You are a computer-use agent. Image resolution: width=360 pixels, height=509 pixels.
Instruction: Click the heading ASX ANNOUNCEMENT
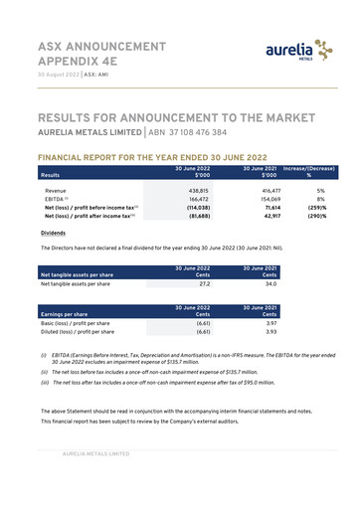101,47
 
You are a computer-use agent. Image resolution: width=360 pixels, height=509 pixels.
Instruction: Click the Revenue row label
56,189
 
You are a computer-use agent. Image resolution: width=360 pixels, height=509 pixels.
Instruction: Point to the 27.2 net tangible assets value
203,283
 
